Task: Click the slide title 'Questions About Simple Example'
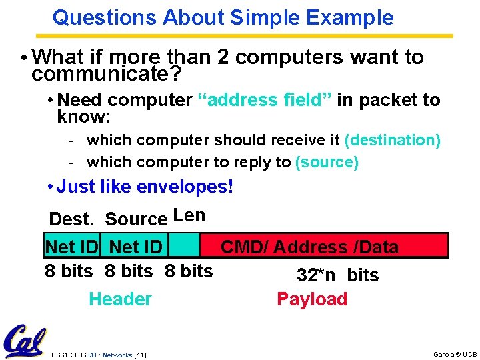click(x=223, y=17)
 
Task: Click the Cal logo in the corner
click(x=24, y=341)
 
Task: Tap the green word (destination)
click(x=392, y=140)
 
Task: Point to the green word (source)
click(x=327, y=162)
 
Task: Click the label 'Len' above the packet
click(x=189, y=215)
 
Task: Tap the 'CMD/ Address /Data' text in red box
click(x=309, y=247)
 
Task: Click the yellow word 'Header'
click(x=120, y=299)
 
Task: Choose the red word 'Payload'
click(x=312, y=299)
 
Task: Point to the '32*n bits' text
click(x=337, y=275)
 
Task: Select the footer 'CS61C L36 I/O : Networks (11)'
click(x=99, y=355)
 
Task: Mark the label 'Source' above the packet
click(x=136, y=219)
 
